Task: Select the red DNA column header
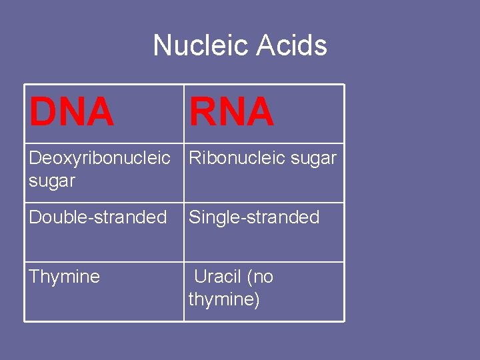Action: pos(71,112)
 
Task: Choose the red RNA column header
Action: pos(231,112)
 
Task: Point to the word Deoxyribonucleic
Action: pos(99,159)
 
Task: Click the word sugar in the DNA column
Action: pos(52,181)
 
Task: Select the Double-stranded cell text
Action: pos(98,217)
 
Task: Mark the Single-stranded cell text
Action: pos(254,217)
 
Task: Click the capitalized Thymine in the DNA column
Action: pos(64,277)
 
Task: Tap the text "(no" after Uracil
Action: pos(259,277)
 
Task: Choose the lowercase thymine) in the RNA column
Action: pos(224,299)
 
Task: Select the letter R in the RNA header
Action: pos(202,112)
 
